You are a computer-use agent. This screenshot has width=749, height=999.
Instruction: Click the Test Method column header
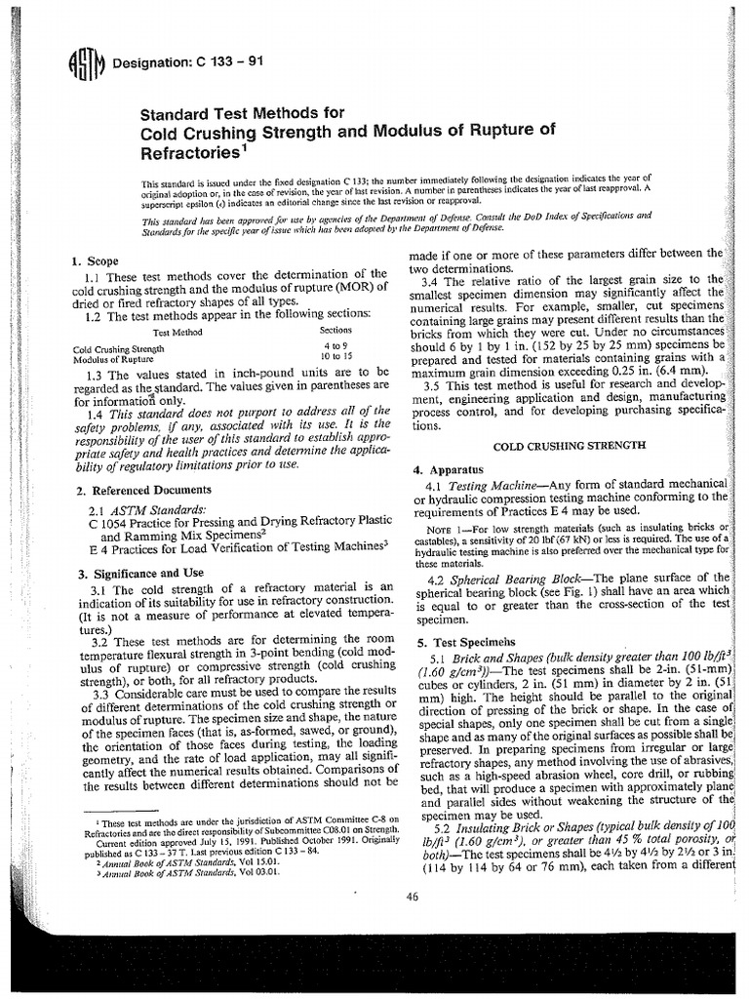point(147,332)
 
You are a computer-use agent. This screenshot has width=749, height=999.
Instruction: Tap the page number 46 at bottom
point(410,896)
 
